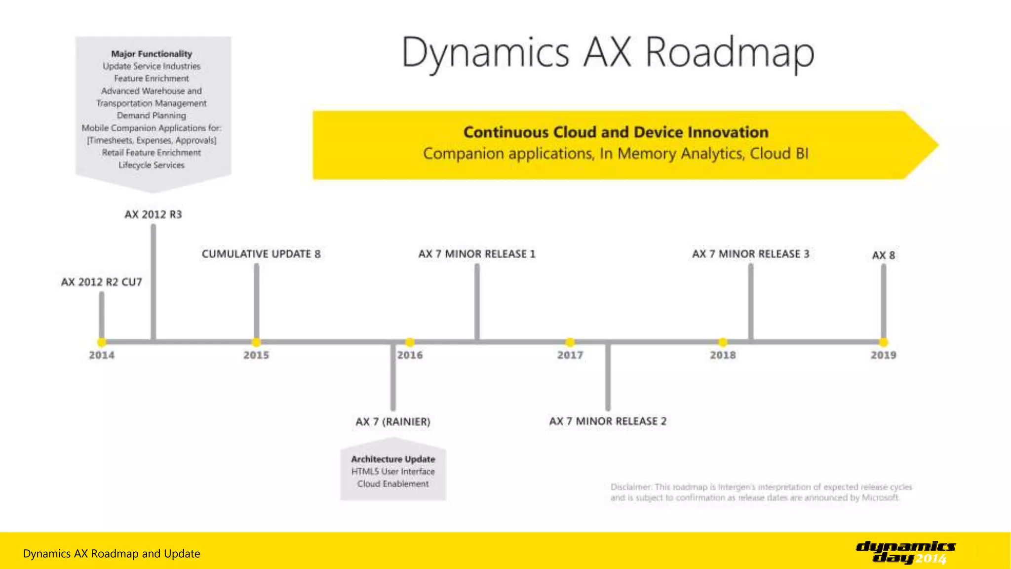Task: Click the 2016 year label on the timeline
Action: click(x=410, y=355)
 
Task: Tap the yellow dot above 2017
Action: click(x=570, y=342)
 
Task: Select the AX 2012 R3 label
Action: click(x=153, y=214)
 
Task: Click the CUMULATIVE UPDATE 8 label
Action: click(x=261, y=254)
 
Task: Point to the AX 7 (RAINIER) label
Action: click(x=393, y=422)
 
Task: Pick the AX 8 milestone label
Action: click(x=883, y=255)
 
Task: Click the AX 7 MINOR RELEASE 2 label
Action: click(x=608, y=421)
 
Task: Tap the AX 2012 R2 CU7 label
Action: click(x=101, y=282)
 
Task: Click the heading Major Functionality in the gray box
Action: click(x=152, y=54)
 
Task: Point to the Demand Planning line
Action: click(x=152, y=116)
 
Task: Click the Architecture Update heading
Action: click(x=393, y=459)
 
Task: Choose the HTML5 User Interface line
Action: click(x=393, y=472)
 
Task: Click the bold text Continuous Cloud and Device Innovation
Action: click(x=616, y=132)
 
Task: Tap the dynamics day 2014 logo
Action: click(x=905, y=552)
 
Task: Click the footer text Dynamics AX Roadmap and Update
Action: click(x=112, y=554)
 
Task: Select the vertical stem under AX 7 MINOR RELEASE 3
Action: click(x=751, y=301)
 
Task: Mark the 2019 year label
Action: click(x=883, y=355)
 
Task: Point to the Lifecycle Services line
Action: click(x=152, y=165)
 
